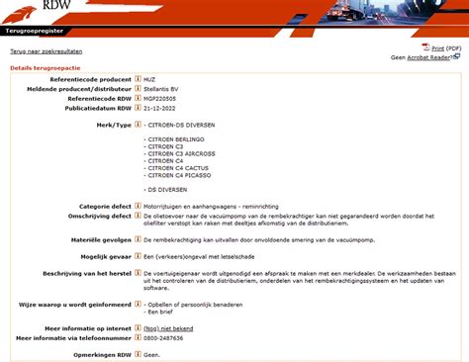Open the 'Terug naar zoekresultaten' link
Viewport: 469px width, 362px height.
[x=46, y=49]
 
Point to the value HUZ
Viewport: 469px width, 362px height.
[x=149, y=79]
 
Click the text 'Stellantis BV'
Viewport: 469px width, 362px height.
[x=162, y=89]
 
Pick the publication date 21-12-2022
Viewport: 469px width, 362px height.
[x=162, y=109]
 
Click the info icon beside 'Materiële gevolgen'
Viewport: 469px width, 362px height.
[x=138, y=238]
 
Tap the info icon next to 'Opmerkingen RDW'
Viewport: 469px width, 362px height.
[x=138, y=353]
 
